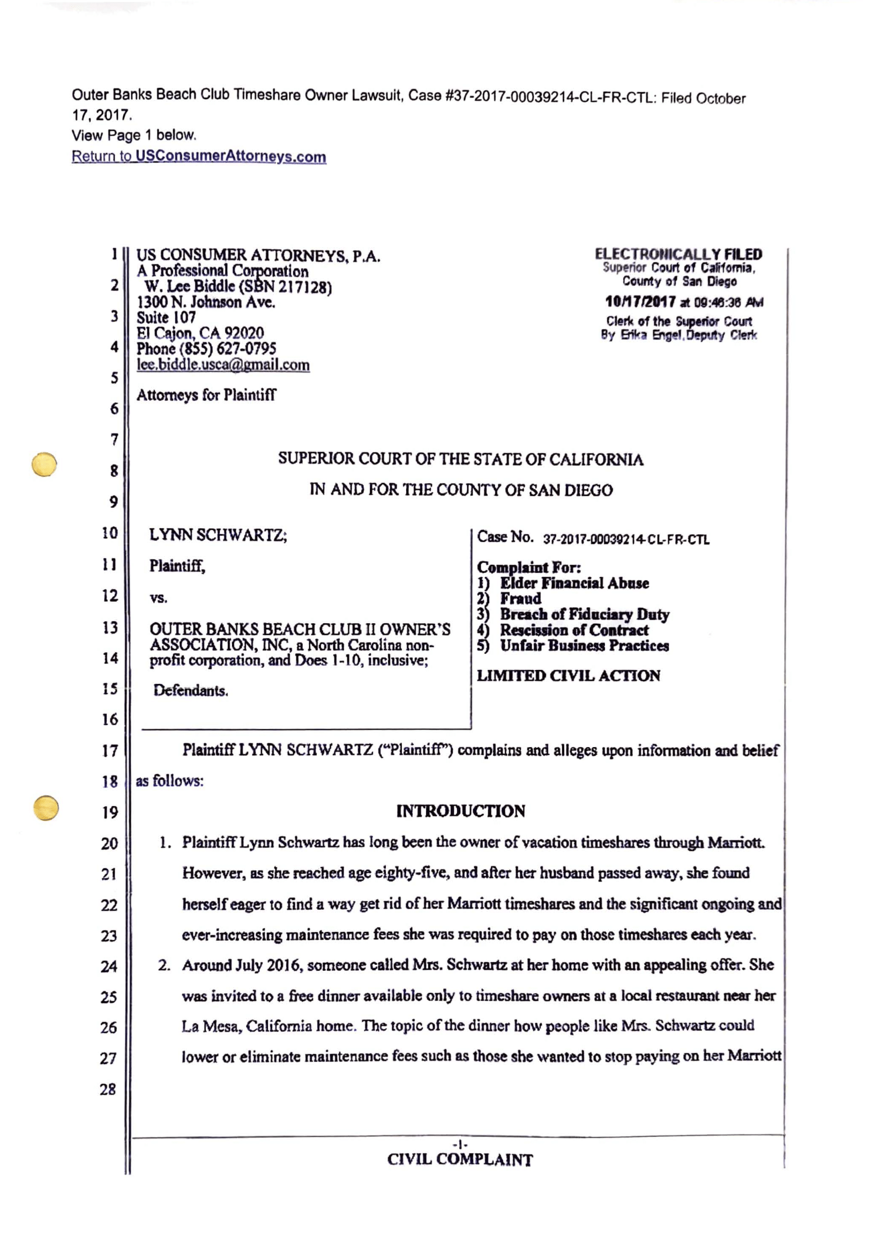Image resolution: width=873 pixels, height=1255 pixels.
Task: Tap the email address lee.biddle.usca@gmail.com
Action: (x=223, y=365)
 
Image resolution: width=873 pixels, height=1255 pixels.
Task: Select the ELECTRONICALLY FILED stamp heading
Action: (x=678, y=254)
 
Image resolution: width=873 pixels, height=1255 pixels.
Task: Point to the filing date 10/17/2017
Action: (x=640, y=302)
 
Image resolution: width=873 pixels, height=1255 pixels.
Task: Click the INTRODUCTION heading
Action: (x=460, y=811)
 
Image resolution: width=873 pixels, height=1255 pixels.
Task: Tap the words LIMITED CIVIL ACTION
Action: (x=568, y=676)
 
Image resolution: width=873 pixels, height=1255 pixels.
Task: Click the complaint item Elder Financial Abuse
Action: (x=574, y=583)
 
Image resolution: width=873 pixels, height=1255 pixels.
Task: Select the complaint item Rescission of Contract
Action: (x=574, y=630)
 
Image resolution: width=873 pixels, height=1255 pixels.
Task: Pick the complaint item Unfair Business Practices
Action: (x=584, y=646)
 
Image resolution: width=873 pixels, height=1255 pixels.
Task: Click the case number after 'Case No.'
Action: (x=626, y=540)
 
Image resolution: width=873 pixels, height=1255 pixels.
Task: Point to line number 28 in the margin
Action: (x=108, y=1090)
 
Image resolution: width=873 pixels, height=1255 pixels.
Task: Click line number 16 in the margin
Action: (x=110, y=720)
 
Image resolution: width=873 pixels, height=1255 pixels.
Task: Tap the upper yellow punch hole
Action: (x=44, y=464)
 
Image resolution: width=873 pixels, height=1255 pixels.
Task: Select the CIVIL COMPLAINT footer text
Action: (x=460, y=1160)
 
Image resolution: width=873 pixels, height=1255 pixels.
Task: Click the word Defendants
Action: (x=191, y=691)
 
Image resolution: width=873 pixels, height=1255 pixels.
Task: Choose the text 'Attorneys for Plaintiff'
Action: (x=206, y=395)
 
